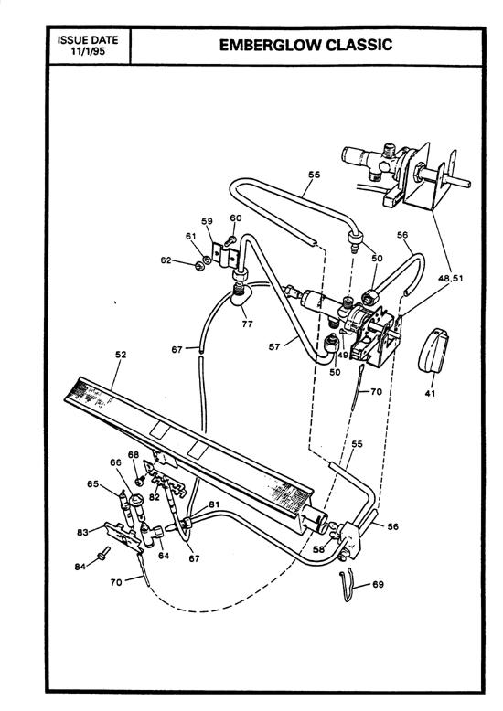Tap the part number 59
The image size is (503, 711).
coord(207,221)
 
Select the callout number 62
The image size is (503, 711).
coord(166,260)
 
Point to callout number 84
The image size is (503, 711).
coord(80,567)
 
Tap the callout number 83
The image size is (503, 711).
coord(81,531)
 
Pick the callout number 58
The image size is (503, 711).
coord(318,551)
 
